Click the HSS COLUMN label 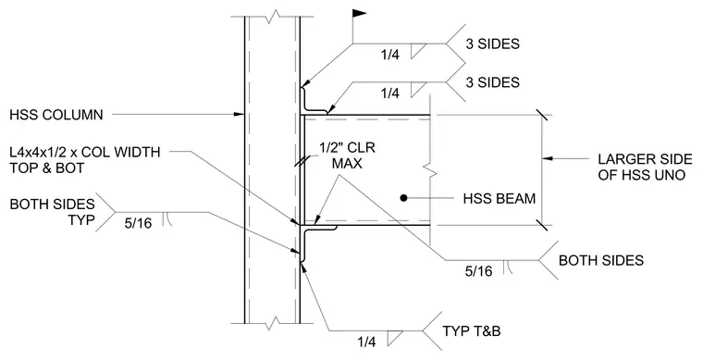click(56, 115)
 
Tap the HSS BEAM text click(499, 198)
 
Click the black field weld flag click(360, 13)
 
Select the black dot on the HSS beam click(403, 197)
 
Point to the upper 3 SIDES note click(492, 43)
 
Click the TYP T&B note click(471, 331)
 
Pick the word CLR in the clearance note click(363, 147)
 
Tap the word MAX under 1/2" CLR click(347, 164)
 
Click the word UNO click(669, 175)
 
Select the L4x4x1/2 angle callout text click(85, 152)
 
